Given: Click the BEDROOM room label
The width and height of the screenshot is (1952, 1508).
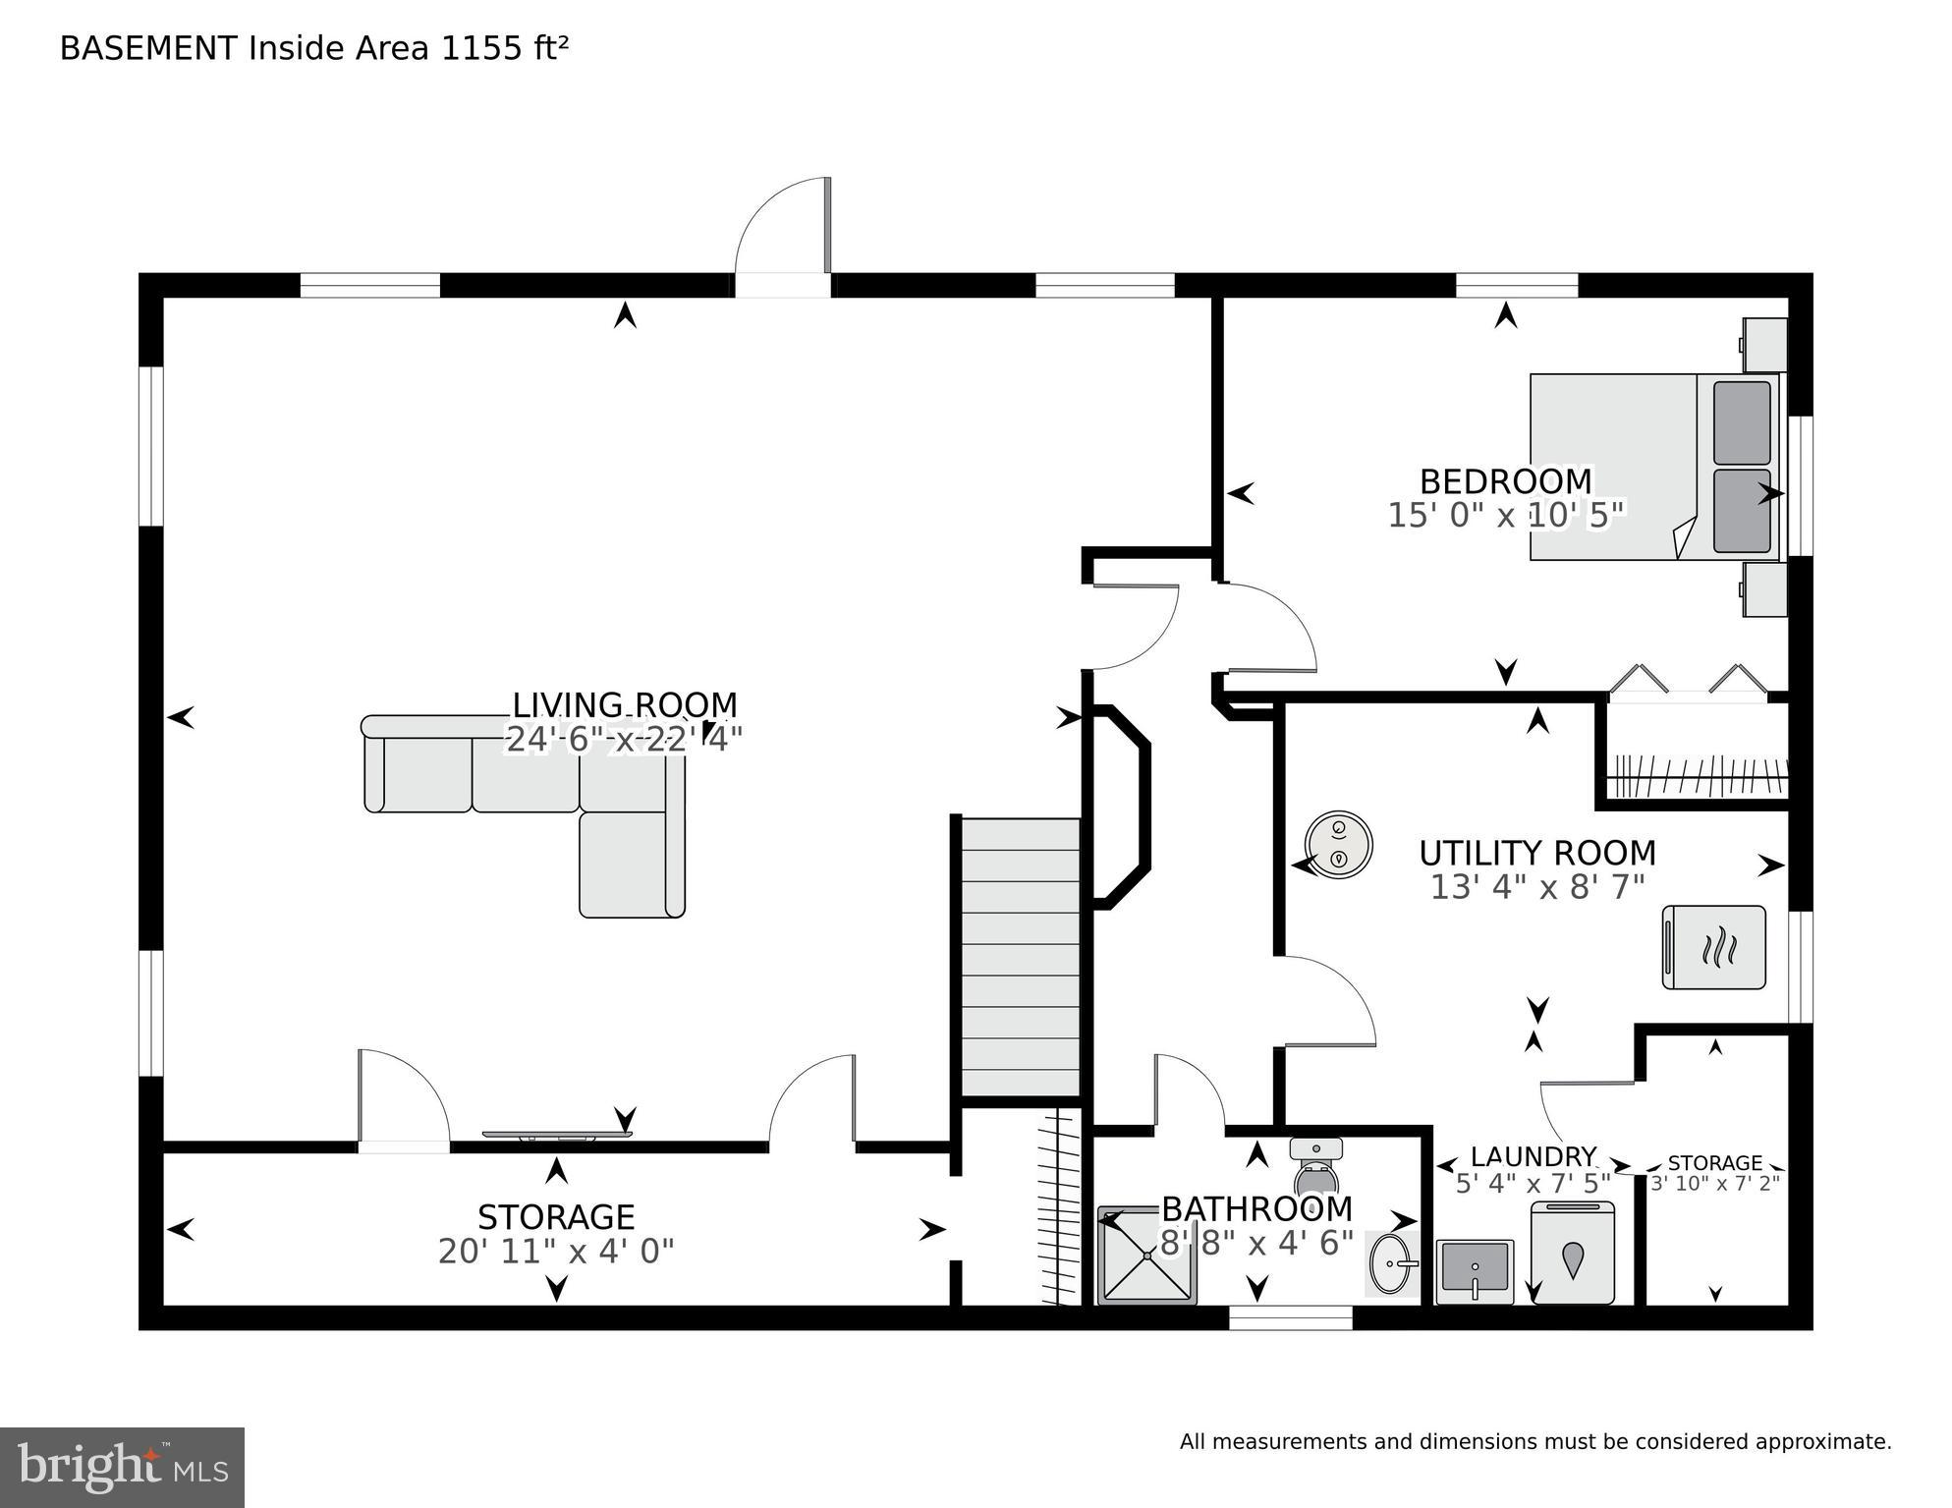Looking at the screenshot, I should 1505,481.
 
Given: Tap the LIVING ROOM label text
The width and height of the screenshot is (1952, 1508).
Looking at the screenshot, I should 624,704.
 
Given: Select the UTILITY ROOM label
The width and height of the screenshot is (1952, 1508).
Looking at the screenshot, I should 1536,852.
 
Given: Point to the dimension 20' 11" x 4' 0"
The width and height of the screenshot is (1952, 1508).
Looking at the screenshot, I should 556,1252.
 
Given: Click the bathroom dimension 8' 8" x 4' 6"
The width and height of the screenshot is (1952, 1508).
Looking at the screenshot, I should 1256,1244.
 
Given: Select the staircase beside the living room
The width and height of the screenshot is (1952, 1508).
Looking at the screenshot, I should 1020,958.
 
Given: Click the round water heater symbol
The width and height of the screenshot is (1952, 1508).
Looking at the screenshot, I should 1338,844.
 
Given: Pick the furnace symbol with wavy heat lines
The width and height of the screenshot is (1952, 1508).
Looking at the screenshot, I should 1713,947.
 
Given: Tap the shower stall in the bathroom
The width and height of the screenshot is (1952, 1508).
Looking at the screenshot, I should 1145,1255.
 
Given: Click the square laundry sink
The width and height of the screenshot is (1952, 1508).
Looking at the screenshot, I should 1474,1270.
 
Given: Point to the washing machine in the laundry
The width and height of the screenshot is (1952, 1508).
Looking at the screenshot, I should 1572,1255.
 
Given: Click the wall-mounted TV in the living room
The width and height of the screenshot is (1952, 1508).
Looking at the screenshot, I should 556,1136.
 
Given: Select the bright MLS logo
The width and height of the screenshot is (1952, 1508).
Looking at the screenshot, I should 122,1467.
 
